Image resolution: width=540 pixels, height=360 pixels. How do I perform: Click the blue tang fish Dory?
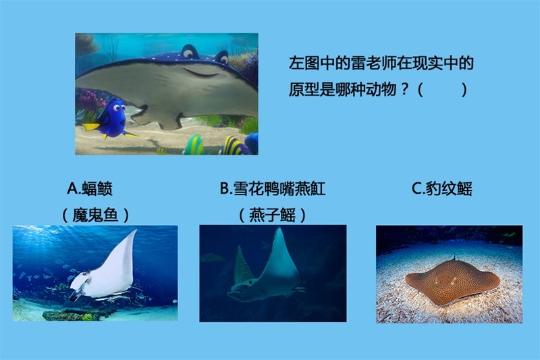(x=112, y=119)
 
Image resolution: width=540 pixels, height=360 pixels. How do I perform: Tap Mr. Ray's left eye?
(x=188, y=53)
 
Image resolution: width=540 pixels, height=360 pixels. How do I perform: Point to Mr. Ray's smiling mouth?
(x=204, y=73)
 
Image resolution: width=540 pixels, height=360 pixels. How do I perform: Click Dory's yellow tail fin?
(x=90, y=127)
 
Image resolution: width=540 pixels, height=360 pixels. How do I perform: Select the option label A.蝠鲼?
(x=90, y=188)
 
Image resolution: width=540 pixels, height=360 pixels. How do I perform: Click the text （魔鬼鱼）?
(x=95, y=215)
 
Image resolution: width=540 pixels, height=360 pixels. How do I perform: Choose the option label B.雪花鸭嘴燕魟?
(x=273, y=188)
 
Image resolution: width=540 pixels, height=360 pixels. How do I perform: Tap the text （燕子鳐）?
(x=273, y=215)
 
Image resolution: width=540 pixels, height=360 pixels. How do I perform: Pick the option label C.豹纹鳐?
(x=442, y=188)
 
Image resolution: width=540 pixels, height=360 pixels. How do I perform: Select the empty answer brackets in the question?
(x=443, y=90)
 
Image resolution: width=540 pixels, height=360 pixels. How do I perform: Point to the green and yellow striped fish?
(x=194, y=145)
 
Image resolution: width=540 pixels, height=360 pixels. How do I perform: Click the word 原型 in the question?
(x=304, y=90)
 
